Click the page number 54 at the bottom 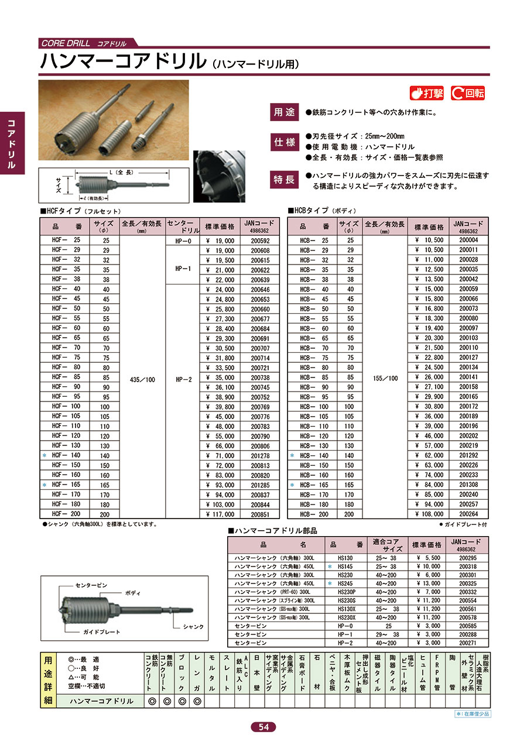[263, 727]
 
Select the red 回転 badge [468, 92]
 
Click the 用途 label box [286, 112]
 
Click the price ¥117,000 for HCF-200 [221, 514]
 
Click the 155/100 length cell [385, 378]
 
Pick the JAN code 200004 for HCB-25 [468, 241]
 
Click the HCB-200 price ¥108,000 [429, 514]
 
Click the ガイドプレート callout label [101, 631]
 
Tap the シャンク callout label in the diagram [193, 627]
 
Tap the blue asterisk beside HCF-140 [45, 455]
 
